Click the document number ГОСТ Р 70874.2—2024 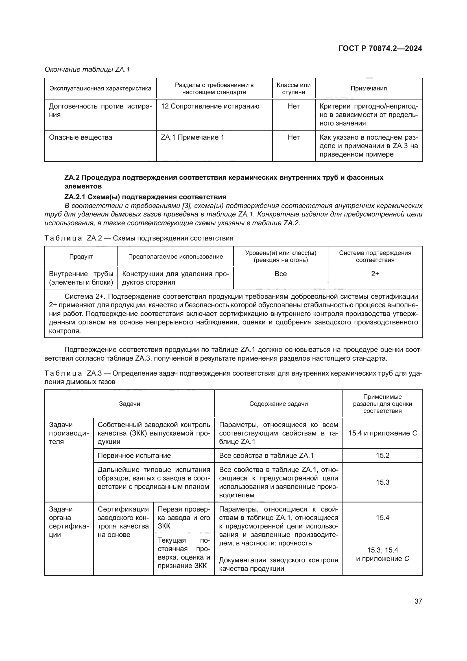coord(380,48)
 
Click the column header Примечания coord(368,88)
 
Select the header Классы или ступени coord(293,88)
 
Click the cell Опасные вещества coord(80,137)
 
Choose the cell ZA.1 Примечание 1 coord(192,137)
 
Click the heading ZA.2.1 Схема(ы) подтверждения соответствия coord(145,197)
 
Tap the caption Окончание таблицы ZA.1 coord(87,70)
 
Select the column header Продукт coord(81,257)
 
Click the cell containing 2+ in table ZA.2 coord(375,274)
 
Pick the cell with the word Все coord(280,274)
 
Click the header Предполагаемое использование coord(175,257)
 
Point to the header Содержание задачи coord(278,404)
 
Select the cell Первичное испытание coord(134,456)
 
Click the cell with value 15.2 coord(383,456)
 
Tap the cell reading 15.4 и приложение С coord(383,433)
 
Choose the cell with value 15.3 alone coord(383,482)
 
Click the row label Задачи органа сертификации coord(68,522)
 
